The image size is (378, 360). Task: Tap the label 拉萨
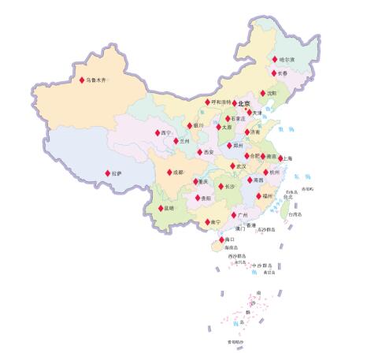(117, 173)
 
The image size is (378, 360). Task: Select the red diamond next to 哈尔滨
(275, 60)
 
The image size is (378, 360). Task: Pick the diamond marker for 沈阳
(263, 92)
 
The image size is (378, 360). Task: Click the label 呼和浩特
(221, 102)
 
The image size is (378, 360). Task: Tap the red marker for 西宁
(157, 133)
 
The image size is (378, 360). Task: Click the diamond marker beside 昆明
(161, 209)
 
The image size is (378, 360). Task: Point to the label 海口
(229, 239)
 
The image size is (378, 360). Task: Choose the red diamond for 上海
(280, 158)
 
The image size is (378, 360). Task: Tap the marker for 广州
(232, 214)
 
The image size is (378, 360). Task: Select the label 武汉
(241, 167)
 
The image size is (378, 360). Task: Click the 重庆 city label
(203, 182)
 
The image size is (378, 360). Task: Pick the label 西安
(208, 151)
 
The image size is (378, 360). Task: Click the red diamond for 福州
(258, 195)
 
